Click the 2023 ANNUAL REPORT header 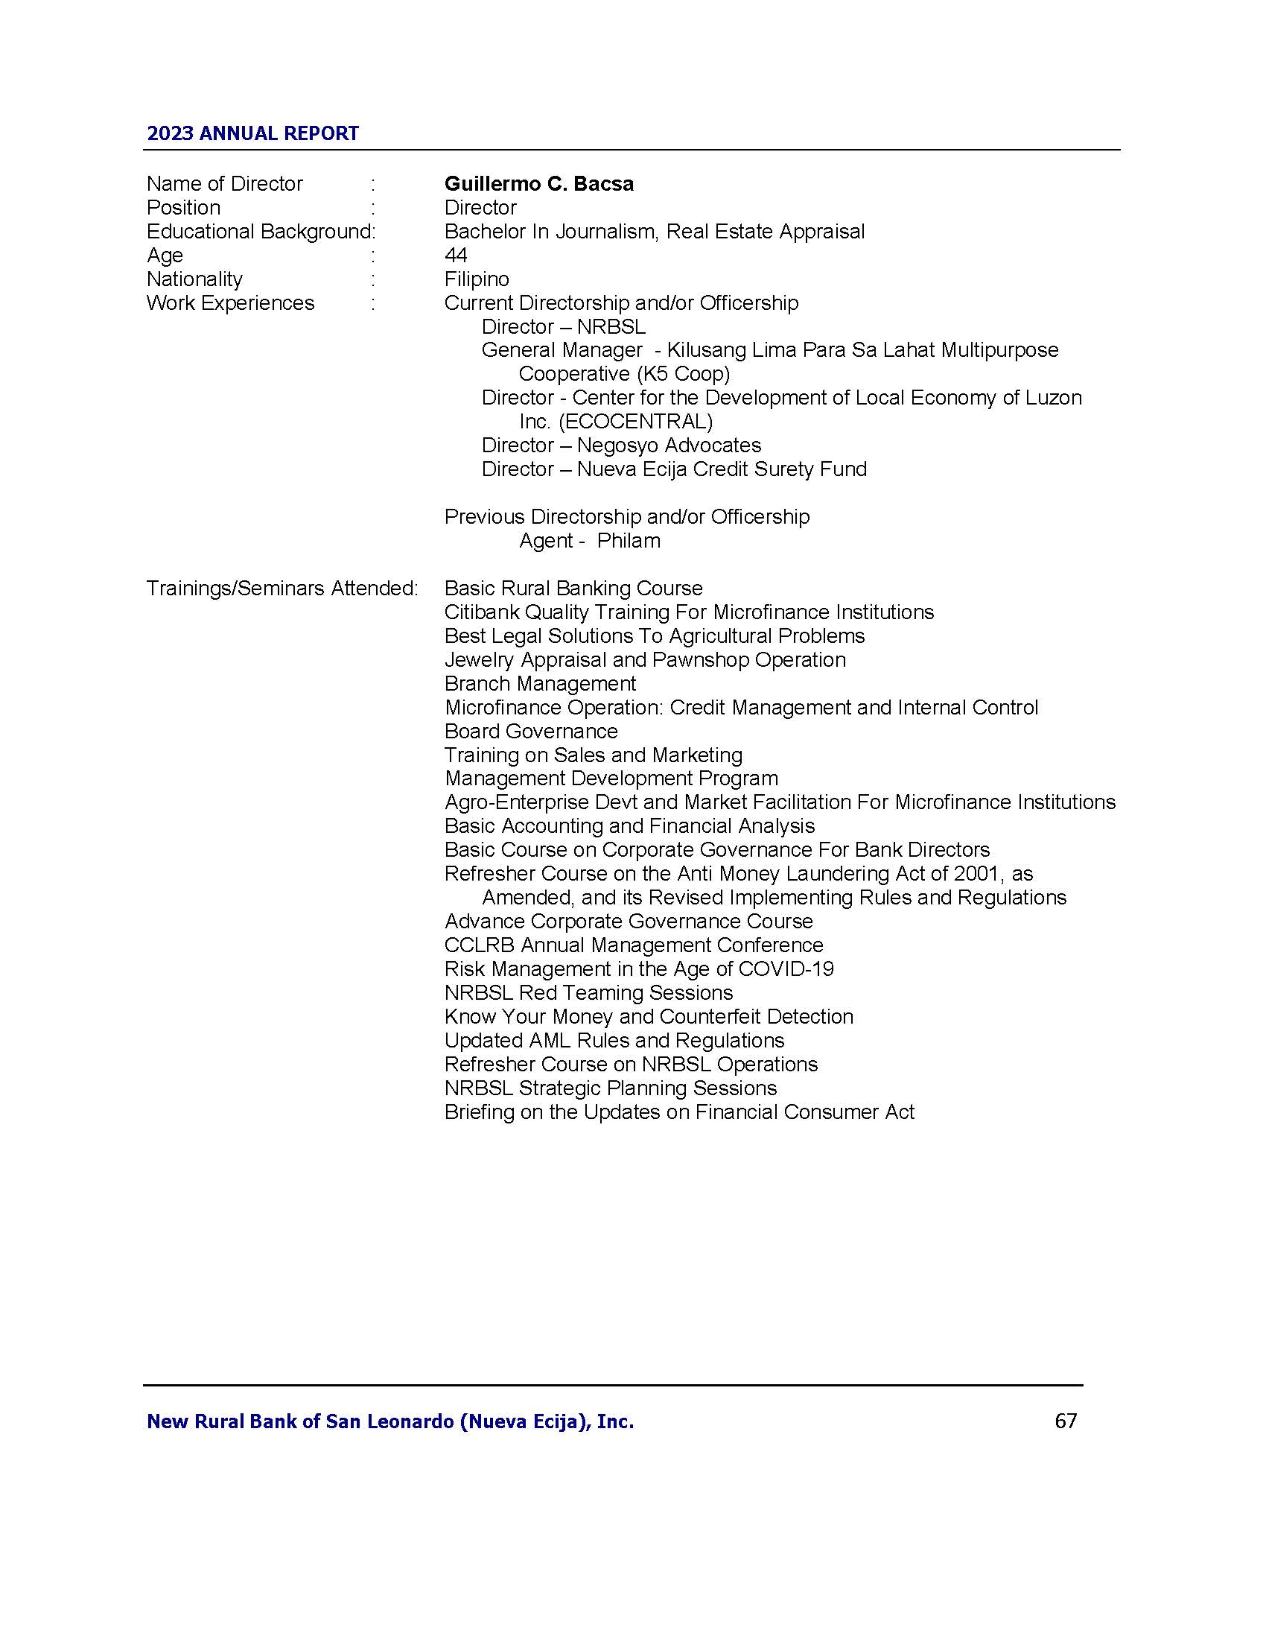(x=252, y=133)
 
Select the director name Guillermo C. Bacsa (x=538, y=184)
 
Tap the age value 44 (x=455, y=255)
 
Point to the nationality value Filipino (x=477, y=279)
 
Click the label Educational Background (x=258, y=231)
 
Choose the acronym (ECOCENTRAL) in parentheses (x=635, y=421)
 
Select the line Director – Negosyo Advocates (x=621, y=445)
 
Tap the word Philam (x=629, y=540)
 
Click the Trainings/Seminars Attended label (x=282, y=589)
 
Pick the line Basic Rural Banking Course (x=573, y=589)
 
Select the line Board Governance (x=531, y=731)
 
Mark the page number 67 (x=1065, y=1421)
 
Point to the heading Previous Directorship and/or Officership (x=626, y=516)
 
